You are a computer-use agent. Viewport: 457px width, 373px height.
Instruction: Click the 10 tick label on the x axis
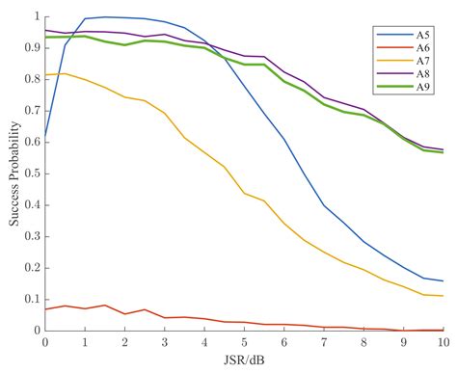click(444, 342)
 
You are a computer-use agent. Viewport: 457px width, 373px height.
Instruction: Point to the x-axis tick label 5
click(244, 342)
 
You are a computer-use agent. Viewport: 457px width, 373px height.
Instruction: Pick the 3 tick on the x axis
click(165, 342)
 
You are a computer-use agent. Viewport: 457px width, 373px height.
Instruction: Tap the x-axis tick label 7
click(324, 342)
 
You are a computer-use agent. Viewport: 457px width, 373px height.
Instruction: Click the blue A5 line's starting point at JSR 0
click(45, 137)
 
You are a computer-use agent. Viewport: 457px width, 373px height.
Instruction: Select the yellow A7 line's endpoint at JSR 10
click(444, 296)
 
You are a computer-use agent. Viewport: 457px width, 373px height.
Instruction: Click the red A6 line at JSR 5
click(244, 322)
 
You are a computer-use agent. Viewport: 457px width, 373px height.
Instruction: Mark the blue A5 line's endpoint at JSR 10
click(444, 280)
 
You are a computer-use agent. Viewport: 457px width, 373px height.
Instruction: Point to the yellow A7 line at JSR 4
click(204, 152)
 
